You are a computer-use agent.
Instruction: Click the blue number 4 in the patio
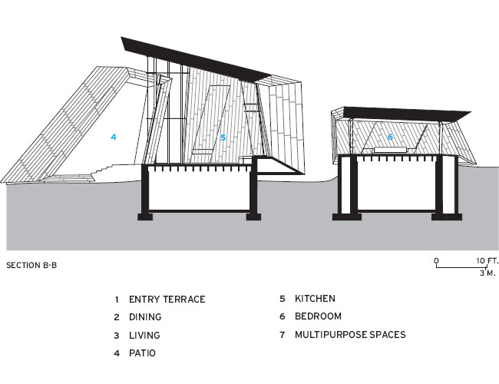pyautogui.click(x=114, y=137)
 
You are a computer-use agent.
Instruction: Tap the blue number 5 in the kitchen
pyautogui.click(x=223, y=137)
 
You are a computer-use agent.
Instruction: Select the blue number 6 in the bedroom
pyautogui.click(x=390, y=137)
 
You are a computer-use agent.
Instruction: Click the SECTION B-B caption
pyautogui.click(x=31, y=265)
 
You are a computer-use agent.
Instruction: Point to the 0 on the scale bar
pyautogui.click(x=436, y=261)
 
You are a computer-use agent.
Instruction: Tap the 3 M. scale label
pyautogui.click(x=487, y=273)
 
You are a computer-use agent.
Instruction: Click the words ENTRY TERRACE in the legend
pyautogui.click(x=167, y=300)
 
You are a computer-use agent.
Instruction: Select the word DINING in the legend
pyautogui.click(x=145, y=317)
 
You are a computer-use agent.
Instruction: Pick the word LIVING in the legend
pyautogui.click(x=144, y=336)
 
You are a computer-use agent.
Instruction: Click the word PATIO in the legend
pyautogui.click(x=142, y=353)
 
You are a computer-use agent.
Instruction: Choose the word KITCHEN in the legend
pyautogui.click(x=315, y=299)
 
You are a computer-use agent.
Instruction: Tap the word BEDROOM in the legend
pyautogui.click(x=319, y=316)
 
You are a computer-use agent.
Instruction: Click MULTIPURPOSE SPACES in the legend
pyautogui.click(x=350, y=335)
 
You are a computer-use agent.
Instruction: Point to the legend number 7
pyautogui.click(x=282, y=335)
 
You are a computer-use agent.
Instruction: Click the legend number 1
pyautogui.click(x=117, y=300)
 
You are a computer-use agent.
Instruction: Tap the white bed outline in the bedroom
pyautogui.click(x=390, y=150)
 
